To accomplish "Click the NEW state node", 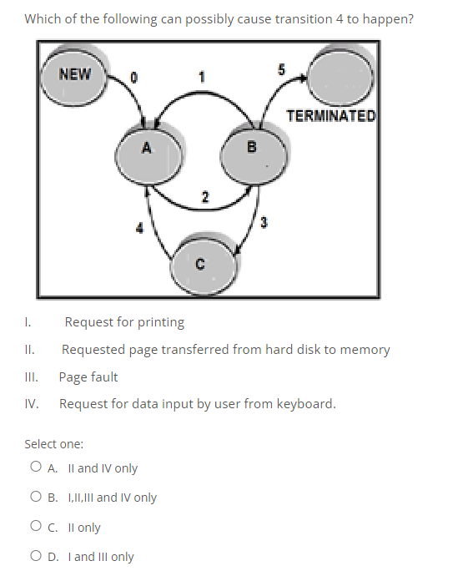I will [75, 76].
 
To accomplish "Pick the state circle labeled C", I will [200, 264].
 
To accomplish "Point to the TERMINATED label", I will [331, 115].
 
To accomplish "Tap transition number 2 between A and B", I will [204, 196].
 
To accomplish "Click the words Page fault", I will [88, 377].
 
